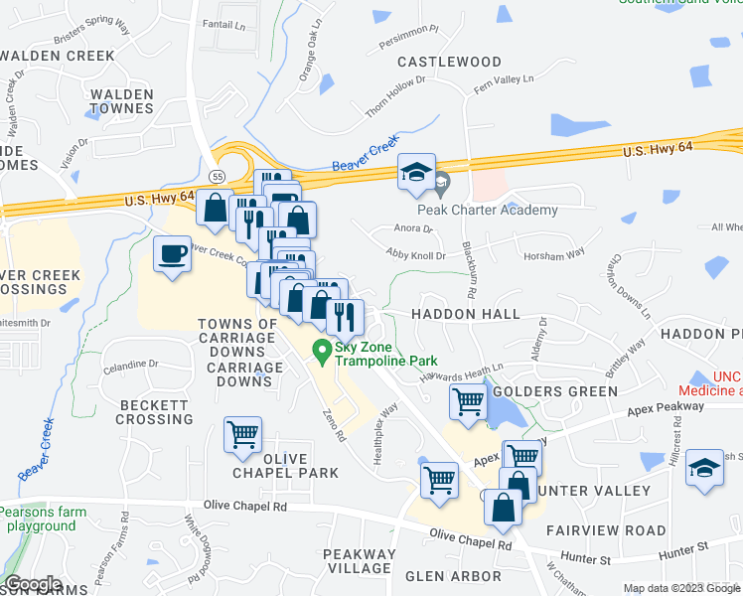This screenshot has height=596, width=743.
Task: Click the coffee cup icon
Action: [x=172, y=255]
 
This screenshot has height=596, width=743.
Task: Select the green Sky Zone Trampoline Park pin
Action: [x=322, y=351]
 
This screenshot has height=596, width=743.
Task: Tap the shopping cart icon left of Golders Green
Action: [x=468, y=402]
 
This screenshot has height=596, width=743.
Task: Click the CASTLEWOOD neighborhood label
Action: [x=450, y=62]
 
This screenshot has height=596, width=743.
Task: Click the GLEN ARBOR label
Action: [x=453, y=576]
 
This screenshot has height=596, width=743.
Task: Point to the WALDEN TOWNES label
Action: [x=121, y=101]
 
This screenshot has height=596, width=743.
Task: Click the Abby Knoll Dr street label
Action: [x=417, y=254]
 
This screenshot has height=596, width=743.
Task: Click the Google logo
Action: [x=33, y=585]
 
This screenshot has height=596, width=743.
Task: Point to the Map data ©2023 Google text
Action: [x=680, y=588]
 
